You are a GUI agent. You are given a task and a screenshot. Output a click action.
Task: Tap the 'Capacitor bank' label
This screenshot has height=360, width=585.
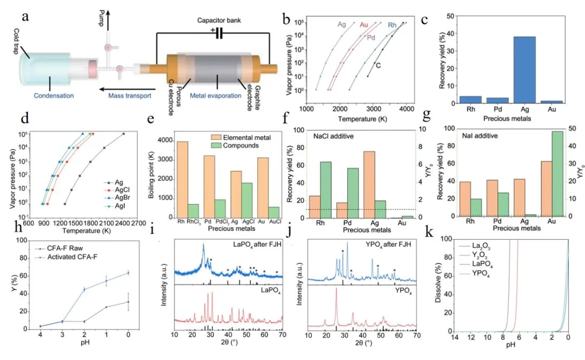(x=220, y=20)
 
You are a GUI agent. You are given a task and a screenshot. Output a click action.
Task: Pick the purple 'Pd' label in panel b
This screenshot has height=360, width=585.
(x=370, y=38)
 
